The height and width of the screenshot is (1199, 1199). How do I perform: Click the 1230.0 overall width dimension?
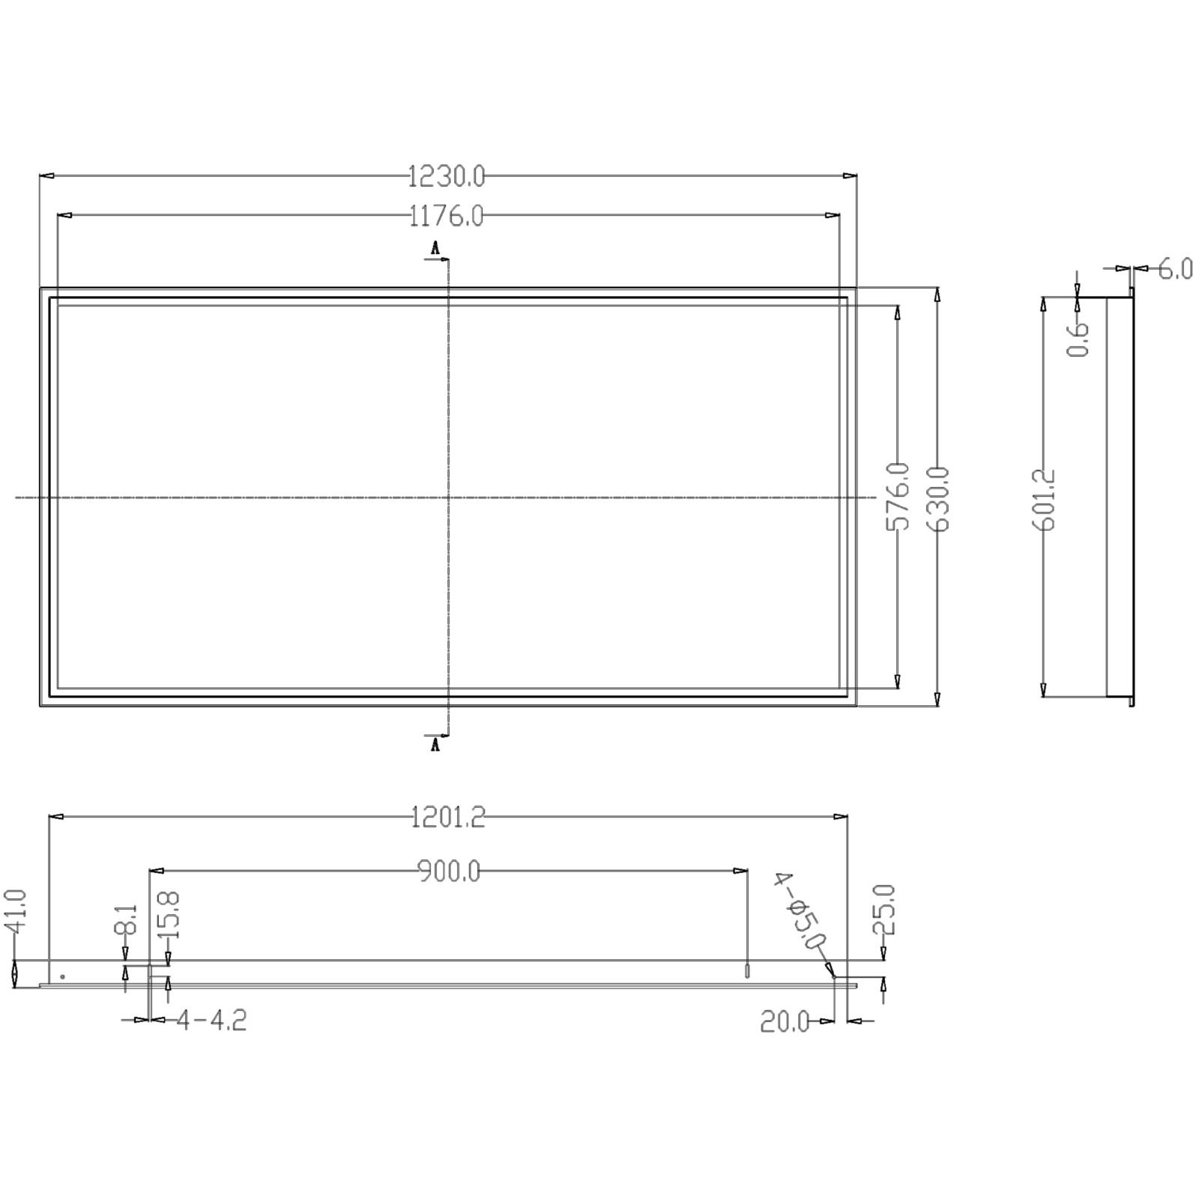tap(447, 177)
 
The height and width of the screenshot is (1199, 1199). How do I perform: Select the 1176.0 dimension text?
tap(447, 217)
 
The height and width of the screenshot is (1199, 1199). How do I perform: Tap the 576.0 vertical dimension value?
tap(898, 497)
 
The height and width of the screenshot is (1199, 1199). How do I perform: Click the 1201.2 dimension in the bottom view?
tap(448, 817)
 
